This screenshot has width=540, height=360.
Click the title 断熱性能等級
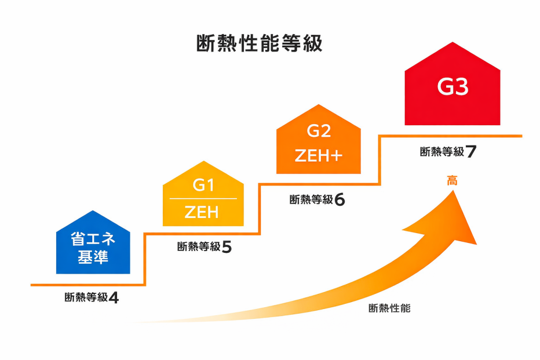[259, 44]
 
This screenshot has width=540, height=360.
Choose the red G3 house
[452, 87]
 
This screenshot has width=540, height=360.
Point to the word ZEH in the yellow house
[202, 213]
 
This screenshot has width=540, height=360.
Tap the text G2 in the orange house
[318, 131]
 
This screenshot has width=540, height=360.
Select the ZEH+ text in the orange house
[318, 156]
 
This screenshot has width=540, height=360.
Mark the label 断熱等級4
[92, 297]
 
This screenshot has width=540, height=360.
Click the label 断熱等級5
[204, 247]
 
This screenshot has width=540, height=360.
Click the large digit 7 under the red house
[470, 152]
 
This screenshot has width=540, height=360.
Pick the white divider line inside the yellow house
[203, 199]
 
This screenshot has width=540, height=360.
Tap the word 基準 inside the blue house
[93, 257]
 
